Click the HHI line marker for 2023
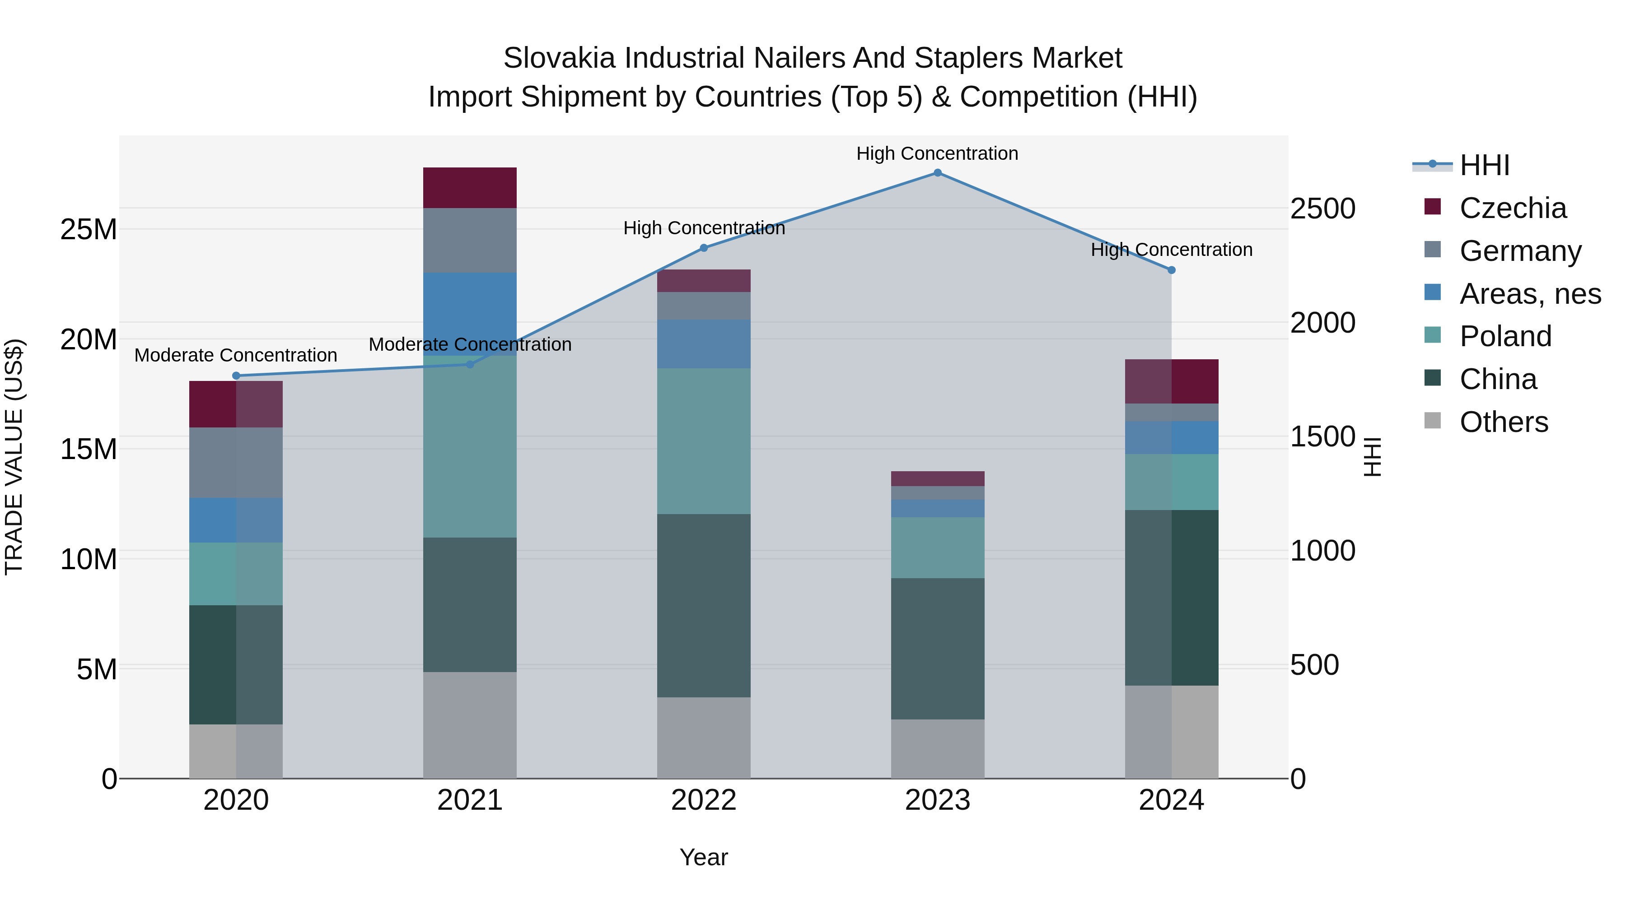(937, 173)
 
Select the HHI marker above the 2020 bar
(236, 376)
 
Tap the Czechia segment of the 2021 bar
(470, 188)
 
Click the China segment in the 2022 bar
(704, 606)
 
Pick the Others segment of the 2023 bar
(937, 749)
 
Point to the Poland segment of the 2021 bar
(470, 446)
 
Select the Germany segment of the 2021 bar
(470, 240)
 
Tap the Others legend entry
(1503, 422)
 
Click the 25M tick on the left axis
(89, 230)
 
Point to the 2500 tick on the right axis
(1322, 209)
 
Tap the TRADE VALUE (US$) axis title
(14, 457)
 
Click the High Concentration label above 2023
(937, 153)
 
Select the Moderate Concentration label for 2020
(236, 355)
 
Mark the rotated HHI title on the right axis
(1372, 457)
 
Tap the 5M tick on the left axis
(97, 669)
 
